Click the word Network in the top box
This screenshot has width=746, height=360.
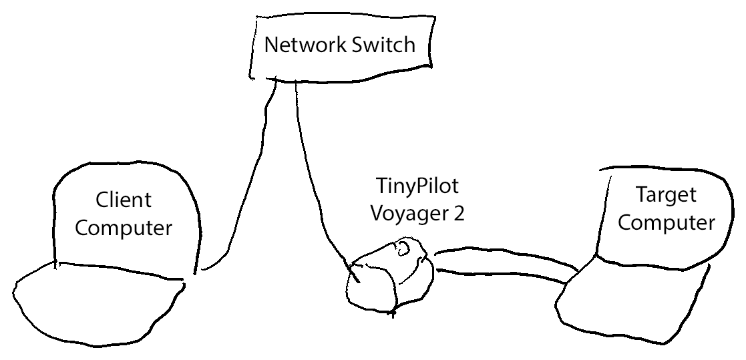(x=301, y=45)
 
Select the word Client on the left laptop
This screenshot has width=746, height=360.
(x=124, y=200)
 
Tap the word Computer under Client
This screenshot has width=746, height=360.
(x=124, y=228)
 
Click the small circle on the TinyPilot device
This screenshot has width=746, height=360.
(x=405, y=249)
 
